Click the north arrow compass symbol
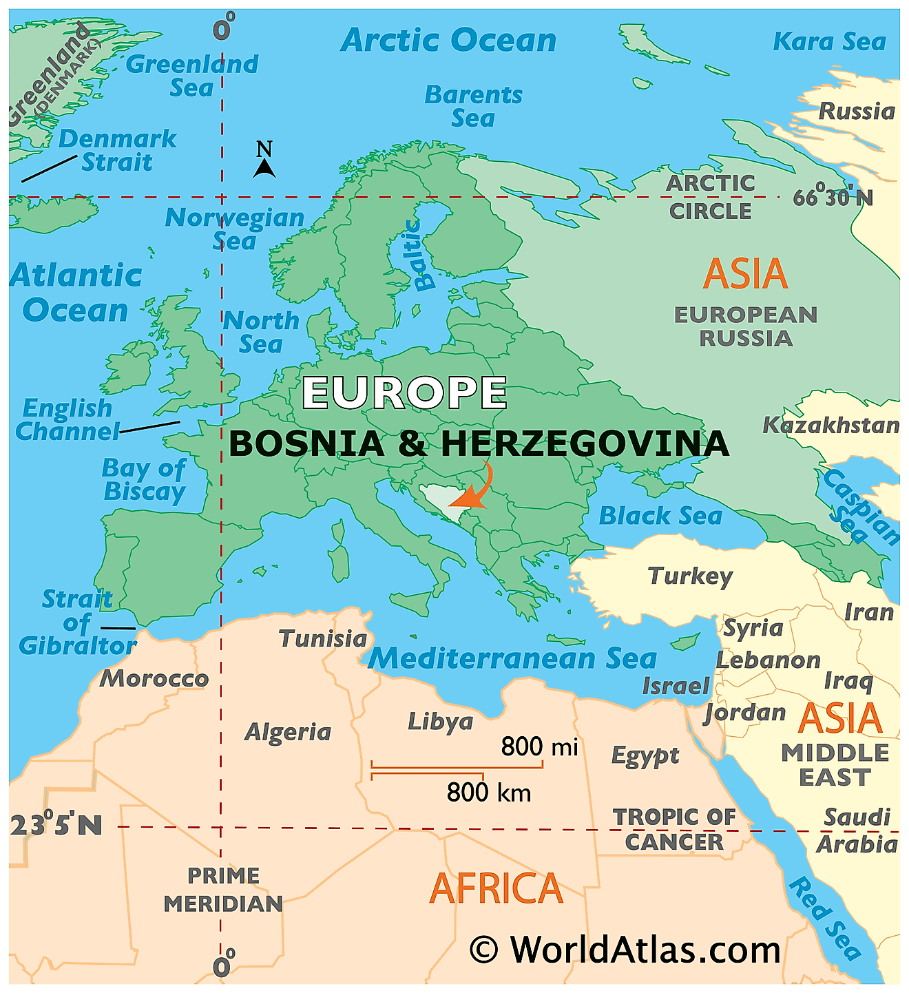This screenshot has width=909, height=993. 264,160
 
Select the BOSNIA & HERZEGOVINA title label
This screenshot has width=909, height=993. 479,443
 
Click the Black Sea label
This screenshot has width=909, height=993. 660,516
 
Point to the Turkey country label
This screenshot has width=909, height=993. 690,576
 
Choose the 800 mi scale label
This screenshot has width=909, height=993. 539,746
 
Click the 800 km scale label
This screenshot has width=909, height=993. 489,793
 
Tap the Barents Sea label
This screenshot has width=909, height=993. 473,106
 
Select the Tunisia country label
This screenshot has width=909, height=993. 323,638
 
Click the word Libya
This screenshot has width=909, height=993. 441,721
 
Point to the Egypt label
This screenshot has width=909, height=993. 645,755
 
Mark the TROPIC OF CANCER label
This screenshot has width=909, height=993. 674,829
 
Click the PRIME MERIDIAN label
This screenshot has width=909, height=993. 223,889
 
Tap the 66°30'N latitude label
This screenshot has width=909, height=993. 833,198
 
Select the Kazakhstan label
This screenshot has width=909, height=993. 830,426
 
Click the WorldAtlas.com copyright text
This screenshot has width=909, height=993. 625,950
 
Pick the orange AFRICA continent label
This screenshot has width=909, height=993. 496,888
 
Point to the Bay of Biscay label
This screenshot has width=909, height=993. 145,480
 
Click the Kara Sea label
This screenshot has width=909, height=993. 829,42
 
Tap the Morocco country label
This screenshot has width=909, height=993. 154,678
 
